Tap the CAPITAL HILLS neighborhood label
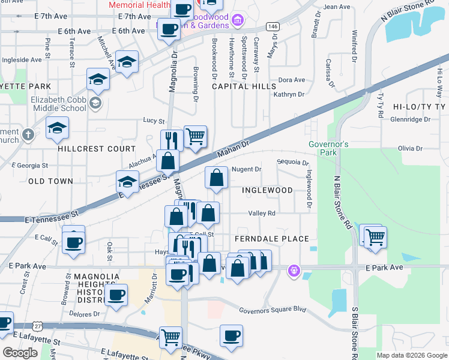[x=243, y=86]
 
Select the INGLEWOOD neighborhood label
[x=267, y=190]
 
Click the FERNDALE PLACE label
[x=271, y=239]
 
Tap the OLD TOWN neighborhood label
[x=50, y=181]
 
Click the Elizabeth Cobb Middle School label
[x=58, y=104]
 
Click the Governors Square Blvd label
[x=273, y=310]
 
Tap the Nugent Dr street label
[x=246, y=170]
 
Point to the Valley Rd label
[x=262, y=213]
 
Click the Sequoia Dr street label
[x=292, y=163]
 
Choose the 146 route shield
[x=273, y=26]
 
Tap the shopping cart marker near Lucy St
[x=195, y=137]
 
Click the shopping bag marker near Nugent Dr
[x=216, y=178]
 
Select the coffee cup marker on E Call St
[x=74, y=242]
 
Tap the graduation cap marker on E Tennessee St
[x=127, y=182]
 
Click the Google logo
[x=20, y=353]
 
